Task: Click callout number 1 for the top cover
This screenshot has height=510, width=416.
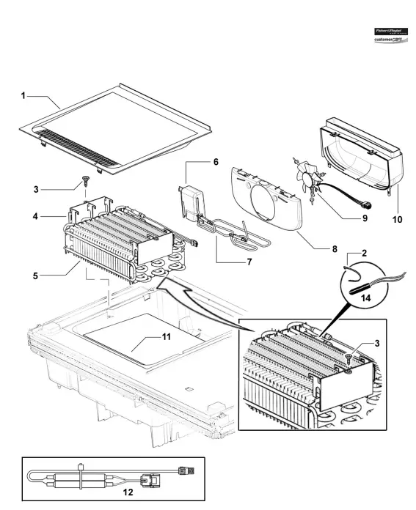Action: [x=23, y=95]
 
